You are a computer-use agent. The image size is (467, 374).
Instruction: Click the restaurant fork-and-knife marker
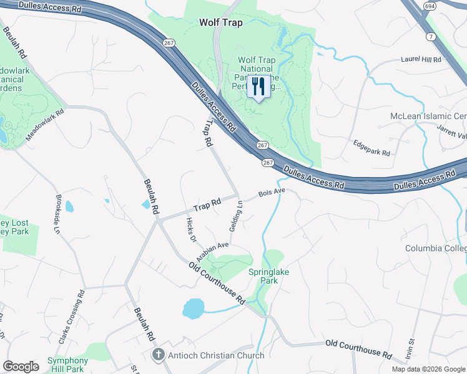click(x=258, y=87)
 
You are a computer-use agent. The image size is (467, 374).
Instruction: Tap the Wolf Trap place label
click(x=220, y=22)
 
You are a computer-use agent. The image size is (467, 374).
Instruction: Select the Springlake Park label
click(x=272, y=276)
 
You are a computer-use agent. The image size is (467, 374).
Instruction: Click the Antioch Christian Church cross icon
click(x=159, y=355)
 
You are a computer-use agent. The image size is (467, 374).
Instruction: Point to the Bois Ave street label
click(x=272, y=192)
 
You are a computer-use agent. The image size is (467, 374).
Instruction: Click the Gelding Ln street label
click(x=235, y=216)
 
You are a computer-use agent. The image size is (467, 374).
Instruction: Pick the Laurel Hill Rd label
click(x=420, y=60)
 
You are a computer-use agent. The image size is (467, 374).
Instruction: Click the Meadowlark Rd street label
click(x=46, y=125)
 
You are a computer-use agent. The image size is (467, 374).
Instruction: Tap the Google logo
click(x=21, y=367)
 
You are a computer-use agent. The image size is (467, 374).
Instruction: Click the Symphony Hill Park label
click(x=67, y=365)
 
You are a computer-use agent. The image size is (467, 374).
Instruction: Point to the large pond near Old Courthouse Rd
click(x=194, y=307)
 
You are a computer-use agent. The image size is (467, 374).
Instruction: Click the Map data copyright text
click(x=428, y=369)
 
